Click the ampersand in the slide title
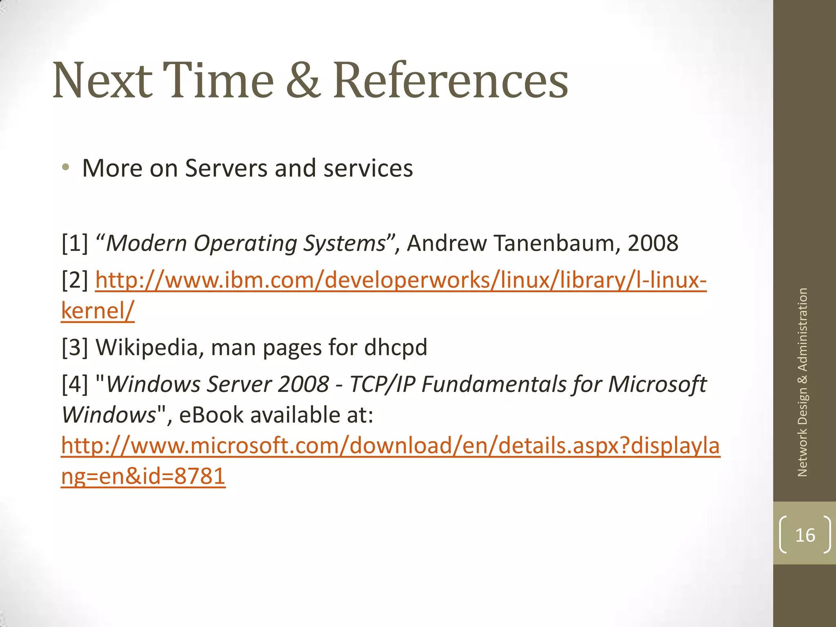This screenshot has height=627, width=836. (x=303, y=80)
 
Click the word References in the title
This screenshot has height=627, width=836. (x=451, y=80)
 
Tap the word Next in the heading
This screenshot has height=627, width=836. (x=102, y=80)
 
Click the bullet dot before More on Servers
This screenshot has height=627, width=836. (x=66, y=167)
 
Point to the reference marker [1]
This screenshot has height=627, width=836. (x=75, y=243)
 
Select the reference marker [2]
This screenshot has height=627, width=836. (x=75, y=280)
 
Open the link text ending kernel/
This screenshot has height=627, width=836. (x=98, y=311)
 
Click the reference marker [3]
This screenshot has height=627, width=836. (x=75, y=347)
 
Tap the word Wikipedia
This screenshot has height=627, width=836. (x=147, y=347)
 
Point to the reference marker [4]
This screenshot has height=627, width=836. (x=75, y=385)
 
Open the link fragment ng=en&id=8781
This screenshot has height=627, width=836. (x=143, y=476)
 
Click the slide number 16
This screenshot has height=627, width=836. (x=805, y=535)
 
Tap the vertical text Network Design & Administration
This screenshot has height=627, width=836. (x=803, y=382)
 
